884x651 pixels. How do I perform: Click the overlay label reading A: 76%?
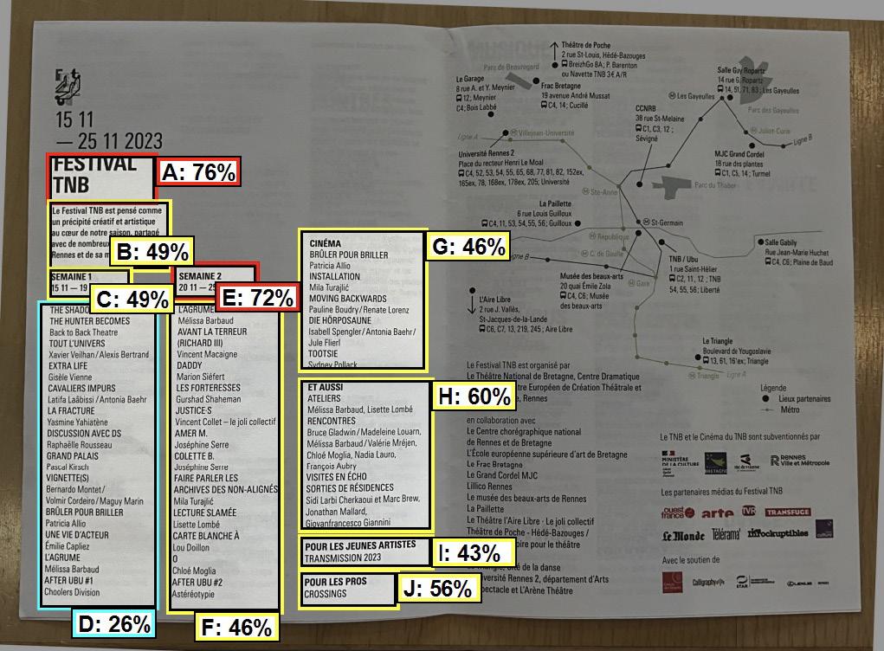(198, 172)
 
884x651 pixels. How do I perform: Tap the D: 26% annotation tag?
(113, 623)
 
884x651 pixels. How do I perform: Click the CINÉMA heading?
(326, 244)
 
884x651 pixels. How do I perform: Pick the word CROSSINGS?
(326, 595)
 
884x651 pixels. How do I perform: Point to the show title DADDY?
(189, 365)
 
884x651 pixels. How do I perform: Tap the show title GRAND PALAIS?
(72, 455)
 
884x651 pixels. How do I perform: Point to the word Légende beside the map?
(772, 388)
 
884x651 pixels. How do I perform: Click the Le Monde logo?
(683, 536)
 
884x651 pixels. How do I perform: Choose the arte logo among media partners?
(717, 513)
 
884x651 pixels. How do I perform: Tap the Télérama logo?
(726, 535)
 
